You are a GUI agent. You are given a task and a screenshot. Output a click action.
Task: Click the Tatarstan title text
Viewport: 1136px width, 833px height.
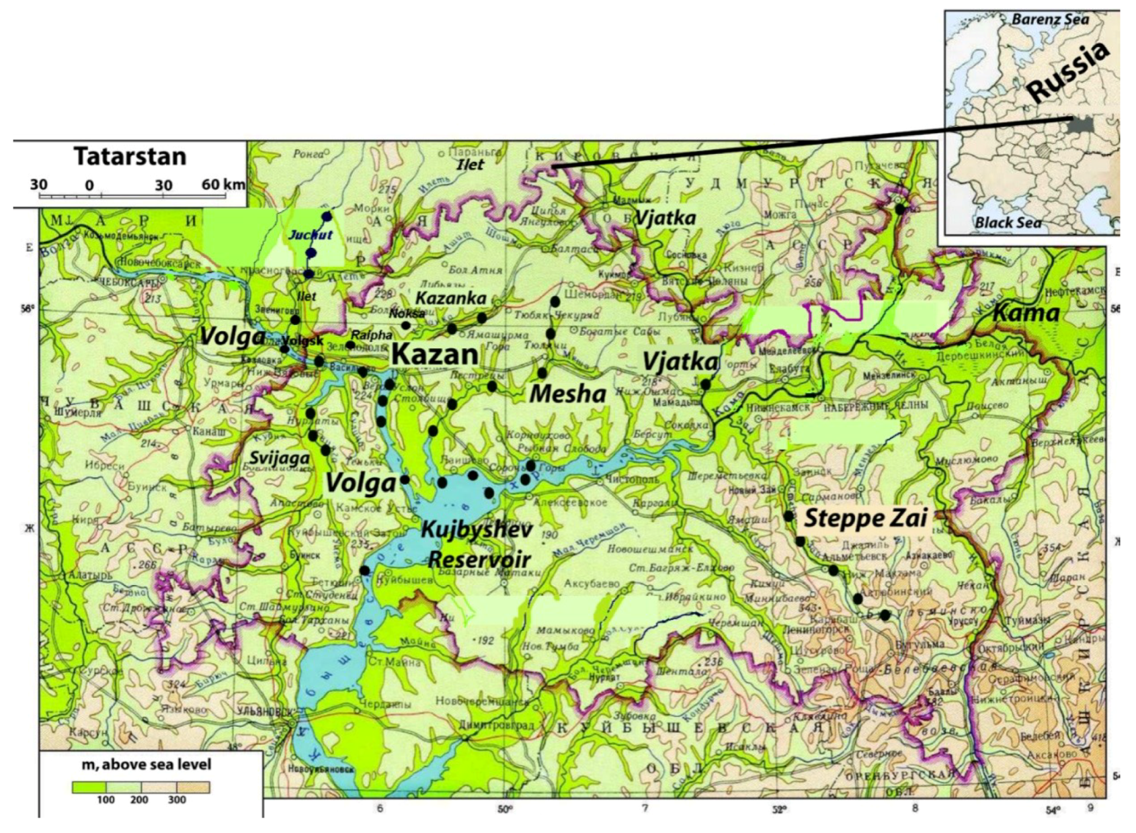tap(130, 157)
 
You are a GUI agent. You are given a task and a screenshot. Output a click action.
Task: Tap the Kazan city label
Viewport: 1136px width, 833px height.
tap(434, 354)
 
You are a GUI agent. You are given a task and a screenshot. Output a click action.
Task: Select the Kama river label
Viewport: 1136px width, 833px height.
tap(1026, 312)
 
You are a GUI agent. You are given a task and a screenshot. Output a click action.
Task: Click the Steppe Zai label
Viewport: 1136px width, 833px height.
tap(866, 518)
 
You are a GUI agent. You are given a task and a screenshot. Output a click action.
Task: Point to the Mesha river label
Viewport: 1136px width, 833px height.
tap(567, 394)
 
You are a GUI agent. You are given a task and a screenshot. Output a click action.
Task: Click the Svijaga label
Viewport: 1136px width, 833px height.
tap(280, 458)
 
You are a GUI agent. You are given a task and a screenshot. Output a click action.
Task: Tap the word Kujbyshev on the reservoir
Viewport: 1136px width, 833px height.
tap(476, 529)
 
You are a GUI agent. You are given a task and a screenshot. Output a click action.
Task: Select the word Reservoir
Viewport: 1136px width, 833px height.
tap(479, 559)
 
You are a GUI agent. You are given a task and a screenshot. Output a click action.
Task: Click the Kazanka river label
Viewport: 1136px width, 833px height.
tap(450, 298)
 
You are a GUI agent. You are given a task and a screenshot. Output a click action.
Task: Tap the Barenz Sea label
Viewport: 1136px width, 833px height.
tap(1050, 19)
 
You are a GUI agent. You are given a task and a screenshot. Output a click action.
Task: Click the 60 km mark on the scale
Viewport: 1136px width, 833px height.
tap(222, 184)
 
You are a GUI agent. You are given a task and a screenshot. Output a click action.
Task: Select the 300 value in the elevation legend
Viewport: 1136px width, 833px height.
tap(177, 799)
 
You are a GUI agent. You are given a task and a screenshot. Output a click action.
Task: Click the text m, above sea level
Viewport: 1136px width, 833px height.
tap(146, 764)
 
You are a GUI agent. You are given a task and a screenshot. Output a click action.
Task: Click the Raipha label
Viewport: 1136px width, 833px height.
tap(372, 335)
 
